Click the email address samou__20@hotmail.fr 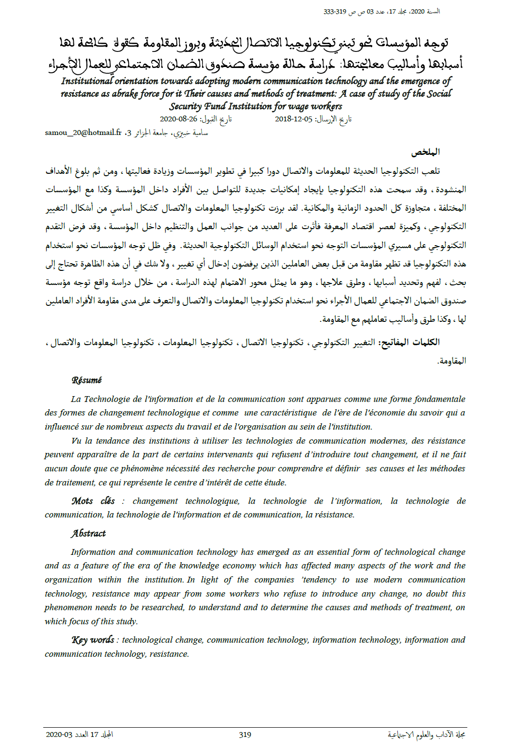83,133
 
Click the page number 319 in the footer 245,734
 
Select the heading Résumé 86,380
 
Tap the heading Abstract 88,534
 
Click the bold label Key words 93,640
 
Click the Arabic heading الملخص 426,152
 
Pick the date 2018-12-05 293,119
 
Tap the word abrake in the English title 125,94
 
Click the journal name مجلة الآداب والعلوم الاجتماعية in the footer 426,734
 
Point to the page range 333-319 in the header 335,12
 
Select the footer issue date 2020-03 59,734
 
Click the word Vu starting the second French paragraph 76,441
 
